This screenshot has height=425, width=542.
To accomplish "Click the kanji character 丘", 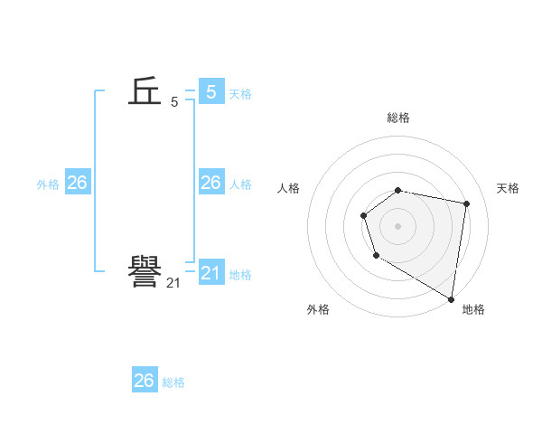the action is pos(145,91).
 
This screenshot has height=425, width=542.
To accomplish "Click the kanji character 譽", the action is pos(145,272).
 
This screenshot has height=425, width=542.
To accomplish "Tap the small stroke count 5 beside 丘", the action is pos(174,102).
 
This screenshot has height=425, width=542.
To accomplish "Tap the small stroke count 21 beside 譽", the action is pos(173,283).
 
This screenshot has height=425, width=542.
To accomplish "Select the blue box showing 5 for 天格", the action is pos(210,91).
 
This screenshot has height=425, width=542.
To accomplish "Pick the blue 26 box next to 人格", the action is pos(210,183).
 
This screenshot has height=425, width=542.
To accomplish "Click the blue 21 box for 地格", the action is pos(210,272).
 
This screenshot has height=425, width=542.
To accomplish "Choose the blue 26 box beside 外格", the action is pos(77,183).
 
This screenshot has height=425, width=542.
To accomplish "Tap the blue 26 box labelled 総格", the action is pos(145,381).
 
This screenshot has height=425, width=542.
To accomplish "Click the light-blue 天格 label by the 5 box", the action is pos(240,94).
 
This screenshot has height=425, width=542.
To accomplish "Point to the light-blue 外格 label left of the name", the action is pos(48,184).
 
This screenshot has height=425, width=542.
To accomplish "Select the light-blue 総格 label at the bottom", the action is pos(173,382).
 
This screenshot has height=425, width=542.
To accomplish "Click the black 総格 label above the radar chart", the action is pos(398,118).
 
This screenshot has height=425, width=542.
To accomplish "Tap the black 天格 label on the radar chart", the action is pos(509,188).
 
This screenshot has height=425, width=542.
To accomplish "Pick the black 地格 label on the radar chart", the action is pos(473,309).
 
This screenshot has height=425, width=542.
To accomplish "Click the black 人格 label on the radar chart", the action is pos(289,188).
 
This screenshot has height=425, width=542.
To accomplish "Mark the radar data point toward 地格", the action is pos(451,298).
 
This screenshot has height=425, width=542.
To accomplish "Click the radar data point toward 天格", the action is pos(466,203).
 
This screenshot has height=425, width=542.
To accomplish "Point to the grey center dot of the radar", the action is pos(398,225).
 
